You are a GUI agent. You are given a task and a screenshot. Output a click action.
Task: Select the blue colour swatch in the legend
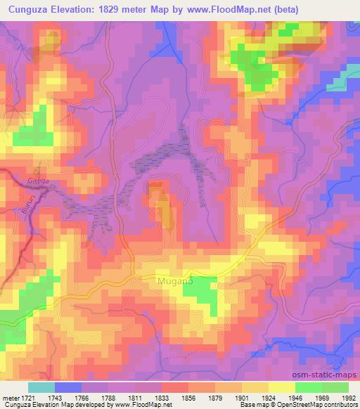coord(68,387)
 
